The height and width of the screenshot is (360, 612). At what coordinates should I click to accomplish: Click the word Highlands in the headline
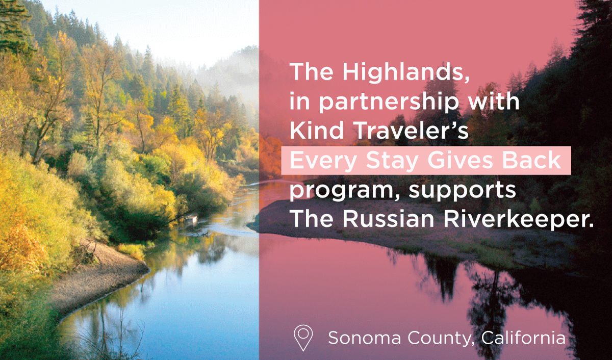[406, 72]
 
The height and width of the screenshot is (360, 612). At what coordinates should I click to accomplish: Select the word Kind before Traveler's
[317, 131]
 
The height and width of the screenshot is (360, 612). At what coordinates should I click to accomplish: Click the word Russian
[388, 219]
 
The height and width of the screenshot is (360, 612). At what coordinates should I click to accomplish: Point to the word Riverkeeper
[518, 220]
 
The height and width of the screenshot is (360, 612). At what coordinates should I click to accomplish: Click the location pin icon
[303, 338]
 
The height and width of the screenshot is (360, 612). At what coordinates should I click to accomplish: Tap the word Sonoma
[364, 338]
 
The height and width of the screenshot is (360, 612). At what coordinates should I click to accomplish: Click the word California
[523, 338]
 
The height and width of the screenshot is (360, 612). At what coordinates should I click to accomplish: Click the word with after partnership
[494, 100]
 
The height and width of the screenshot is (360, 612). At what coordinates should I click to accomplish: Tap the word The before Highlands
[312, 71]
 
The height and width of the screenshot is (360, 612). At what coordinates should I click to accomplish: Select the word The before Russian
[312, 219]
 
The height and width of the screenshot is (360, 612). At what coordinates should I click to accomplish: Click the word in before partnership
[300, 101]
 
